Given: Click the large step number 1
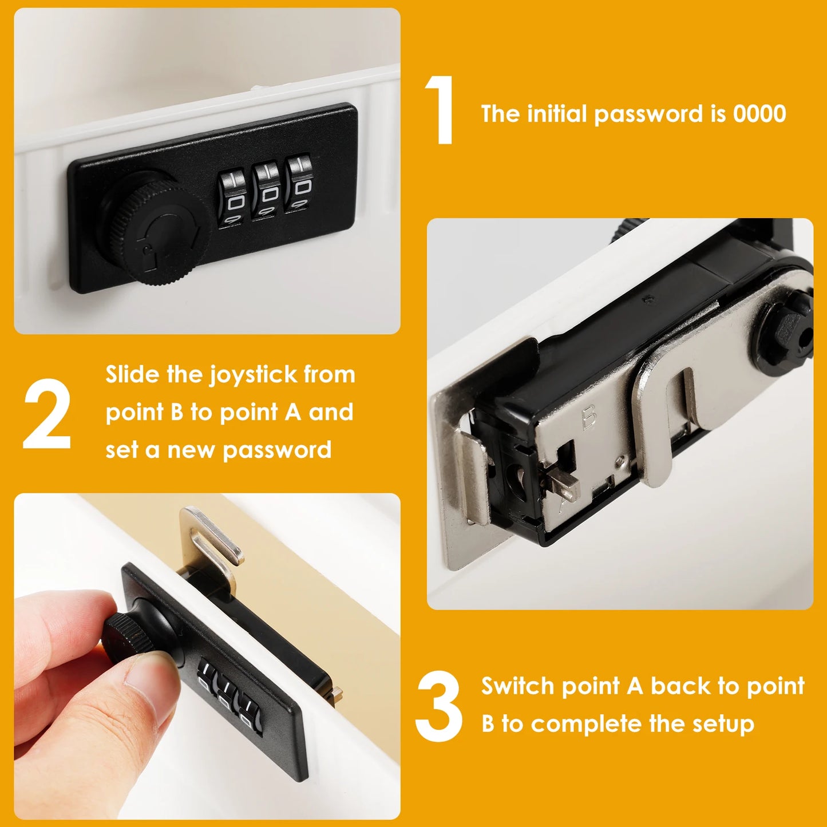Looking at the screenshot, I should point(441,110).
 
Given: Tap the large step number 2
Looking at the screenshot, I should point(47,413).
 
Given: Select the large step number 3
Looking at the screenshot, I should point(439,706).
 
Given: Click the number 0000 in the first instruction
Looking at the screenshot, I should point(759,114).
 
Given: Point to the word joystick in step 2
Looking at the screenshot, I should point(253,375).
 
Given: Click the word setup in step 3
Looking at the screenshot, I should point(723,724).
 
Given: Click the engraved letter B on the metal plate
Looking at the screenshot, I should point(589,417).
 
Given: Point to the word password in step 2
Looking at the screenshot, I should point(277,450).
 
